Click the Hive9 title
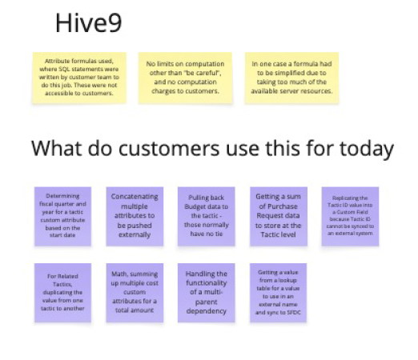click(88, 23)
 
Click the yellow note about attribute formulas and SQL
click(73, 78)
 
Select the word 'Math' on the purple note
click(116, 273)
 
